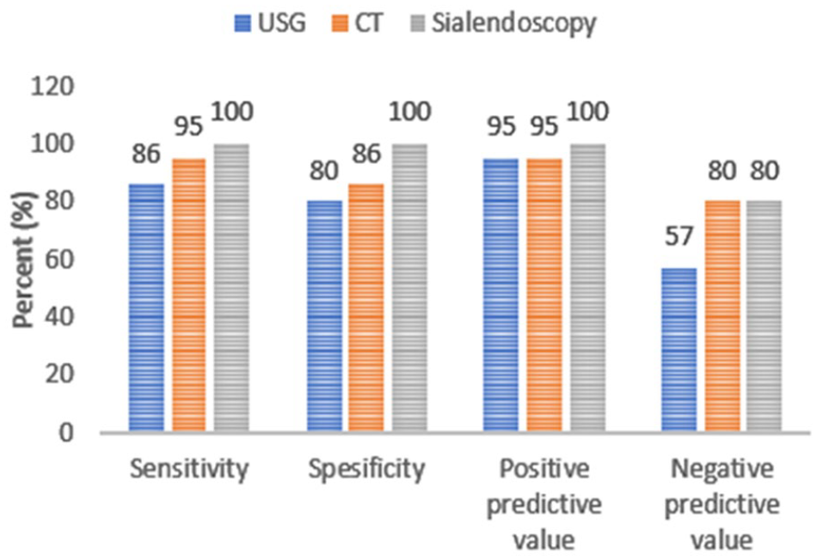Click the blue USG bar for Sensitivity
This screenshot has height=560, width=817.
(146, 307)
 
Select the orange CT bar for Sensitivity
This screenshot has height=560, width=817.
(189, 295)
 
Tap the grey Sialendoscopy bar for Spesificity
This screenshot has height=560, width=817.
(409, 288)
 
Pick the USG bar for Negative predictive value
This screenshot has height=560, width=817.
(679, 350)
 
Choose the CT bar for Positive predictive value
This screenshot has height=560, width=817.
(544, 295)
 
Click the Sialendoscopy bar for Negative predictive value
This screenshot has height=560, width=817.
(765, 316)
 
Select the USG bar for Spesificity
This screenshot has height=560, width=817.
(324, 316)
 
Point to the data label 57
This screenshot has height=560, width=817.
(679, 237)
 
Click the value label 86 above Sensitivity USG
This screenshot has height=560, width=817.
(146, 154)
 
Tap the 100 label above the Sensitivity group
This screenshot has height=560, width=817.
(233, 112)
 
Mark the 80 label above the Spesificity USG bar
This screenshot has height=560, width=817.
(324, 171)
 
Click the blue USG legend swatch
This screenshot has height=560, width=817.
(243, 23)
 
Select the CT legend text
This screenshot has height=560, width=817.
(368, 23)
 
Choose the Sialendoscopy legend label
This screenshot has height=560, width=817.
(513, 24)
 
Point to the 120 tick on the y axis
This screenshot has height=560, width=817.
(52, 87)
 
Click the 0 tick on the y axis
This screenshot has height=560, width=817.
(66, 432)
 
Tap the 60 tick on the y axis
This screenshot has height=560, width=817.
(59, 259)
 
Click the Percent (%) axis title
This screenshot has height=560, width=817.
(24, 259)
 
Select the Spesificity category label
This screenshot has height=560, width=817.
(367, 470)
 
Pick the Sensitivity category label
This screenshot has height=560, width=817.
(189, 470)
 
